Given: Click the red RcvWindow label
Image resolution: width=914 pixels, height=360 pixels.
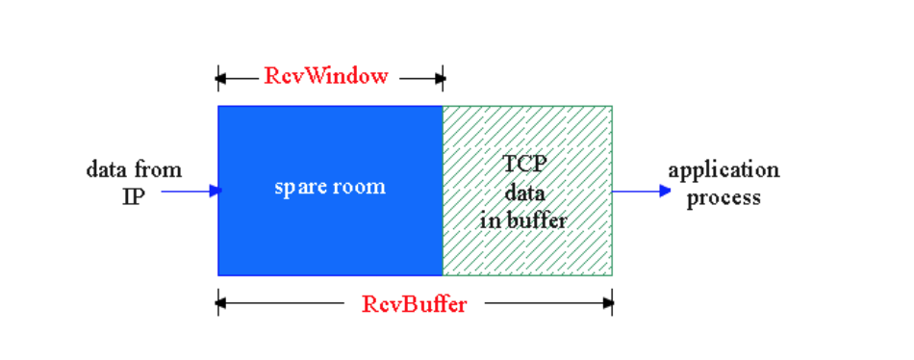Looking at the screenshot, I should tap(326, 76).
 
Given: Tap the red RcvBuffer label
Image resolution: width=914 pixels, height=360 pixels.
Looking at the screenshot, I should tap(415, 304).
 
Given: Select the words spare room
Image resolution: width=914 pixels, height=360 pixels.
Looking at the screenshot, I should tap(330, 187).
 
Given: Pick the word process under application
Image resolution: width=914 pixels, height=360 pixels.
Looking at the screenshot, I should tap(723, 197).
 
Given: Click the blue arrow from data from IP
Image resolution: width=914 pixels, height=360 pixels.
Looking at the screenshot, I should tap(190, 191).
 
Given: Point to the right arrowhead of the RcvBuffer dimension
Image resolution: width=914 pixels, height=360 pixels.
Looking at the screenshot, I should tap(608, 304).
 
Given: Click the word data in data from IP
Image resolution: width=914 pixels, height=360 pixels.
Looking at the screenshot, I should tap(106, 171).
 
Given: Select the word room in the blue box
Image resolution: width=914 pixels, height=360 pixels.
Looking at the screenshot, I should tap(360, 187).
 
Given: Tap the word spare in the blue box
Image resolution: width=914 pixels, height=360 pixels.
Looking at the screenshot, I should tap(300, 188).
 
